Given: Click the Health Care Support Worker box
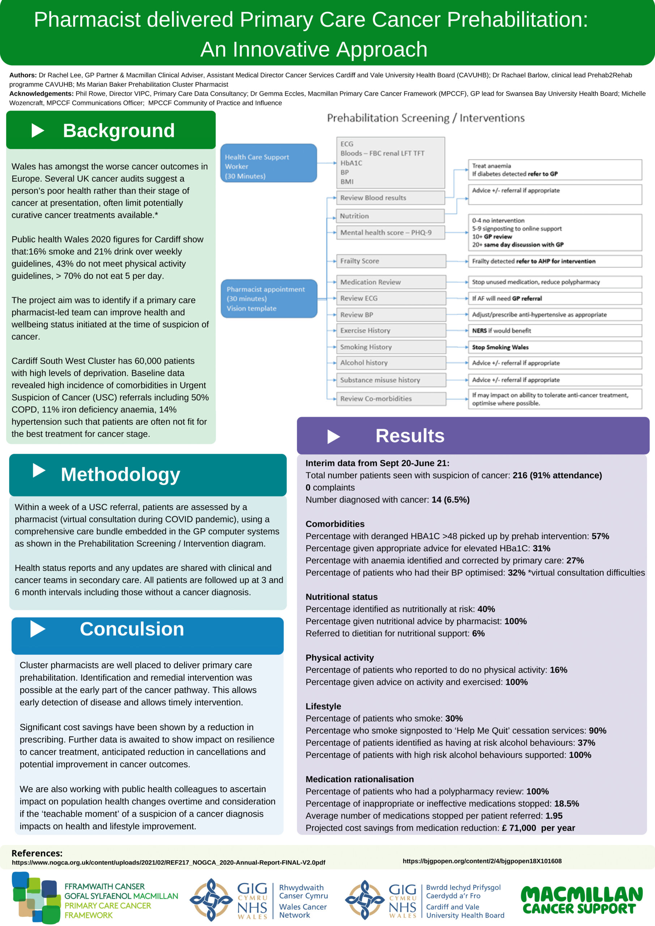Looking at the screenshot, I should [x=269, y=163].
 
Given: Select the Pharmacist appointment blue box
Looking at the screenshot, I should [x=269, y=298].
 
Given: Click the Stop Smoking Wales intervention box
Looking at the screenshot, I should [x=554, y=347].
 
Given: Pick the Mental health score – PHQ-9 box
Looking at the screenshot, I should [x=390, y=232].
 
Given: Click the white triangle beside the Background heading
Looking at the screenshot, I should [x=38, y=130].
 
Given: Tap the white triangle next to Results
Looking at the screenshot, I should [x=333, y=436].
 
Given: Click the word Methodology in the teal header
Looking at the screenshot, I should [x=120, y=474].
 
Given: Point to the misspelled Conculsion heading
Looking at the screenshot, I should [x=132, y=629].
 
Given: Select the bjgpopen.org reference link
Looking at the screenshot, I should [x=482, y=861].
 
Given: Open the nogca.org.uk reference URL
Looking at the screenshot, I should [x=168, y=862].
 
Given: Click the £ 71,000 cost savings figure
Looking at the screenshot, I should [x=519, y=828].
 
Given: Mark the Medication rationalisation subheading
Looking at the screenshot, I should [x=360, y=779].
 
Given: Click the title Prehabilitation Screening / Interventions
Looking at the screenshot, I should [x=425, y=118].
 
